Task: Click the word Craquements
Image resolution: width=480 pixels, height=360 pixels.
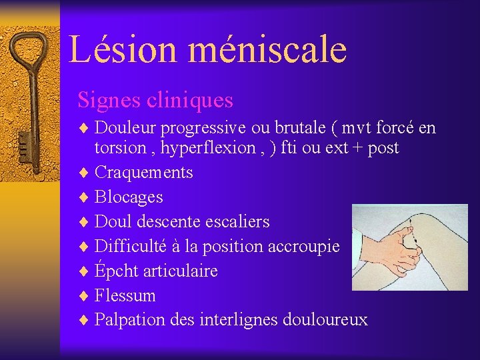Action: coord(144,173)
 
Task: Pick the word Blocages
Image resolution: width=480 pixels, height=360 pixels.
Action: coord(129,197)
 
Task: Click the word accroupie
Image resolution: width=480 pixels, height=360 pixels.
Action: coord(303,246)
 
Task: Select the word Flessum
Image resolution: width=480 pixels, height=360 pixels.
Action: coord(125,295)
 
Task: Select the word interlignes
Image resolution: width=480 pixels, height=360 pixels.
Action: coord(243,320)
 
